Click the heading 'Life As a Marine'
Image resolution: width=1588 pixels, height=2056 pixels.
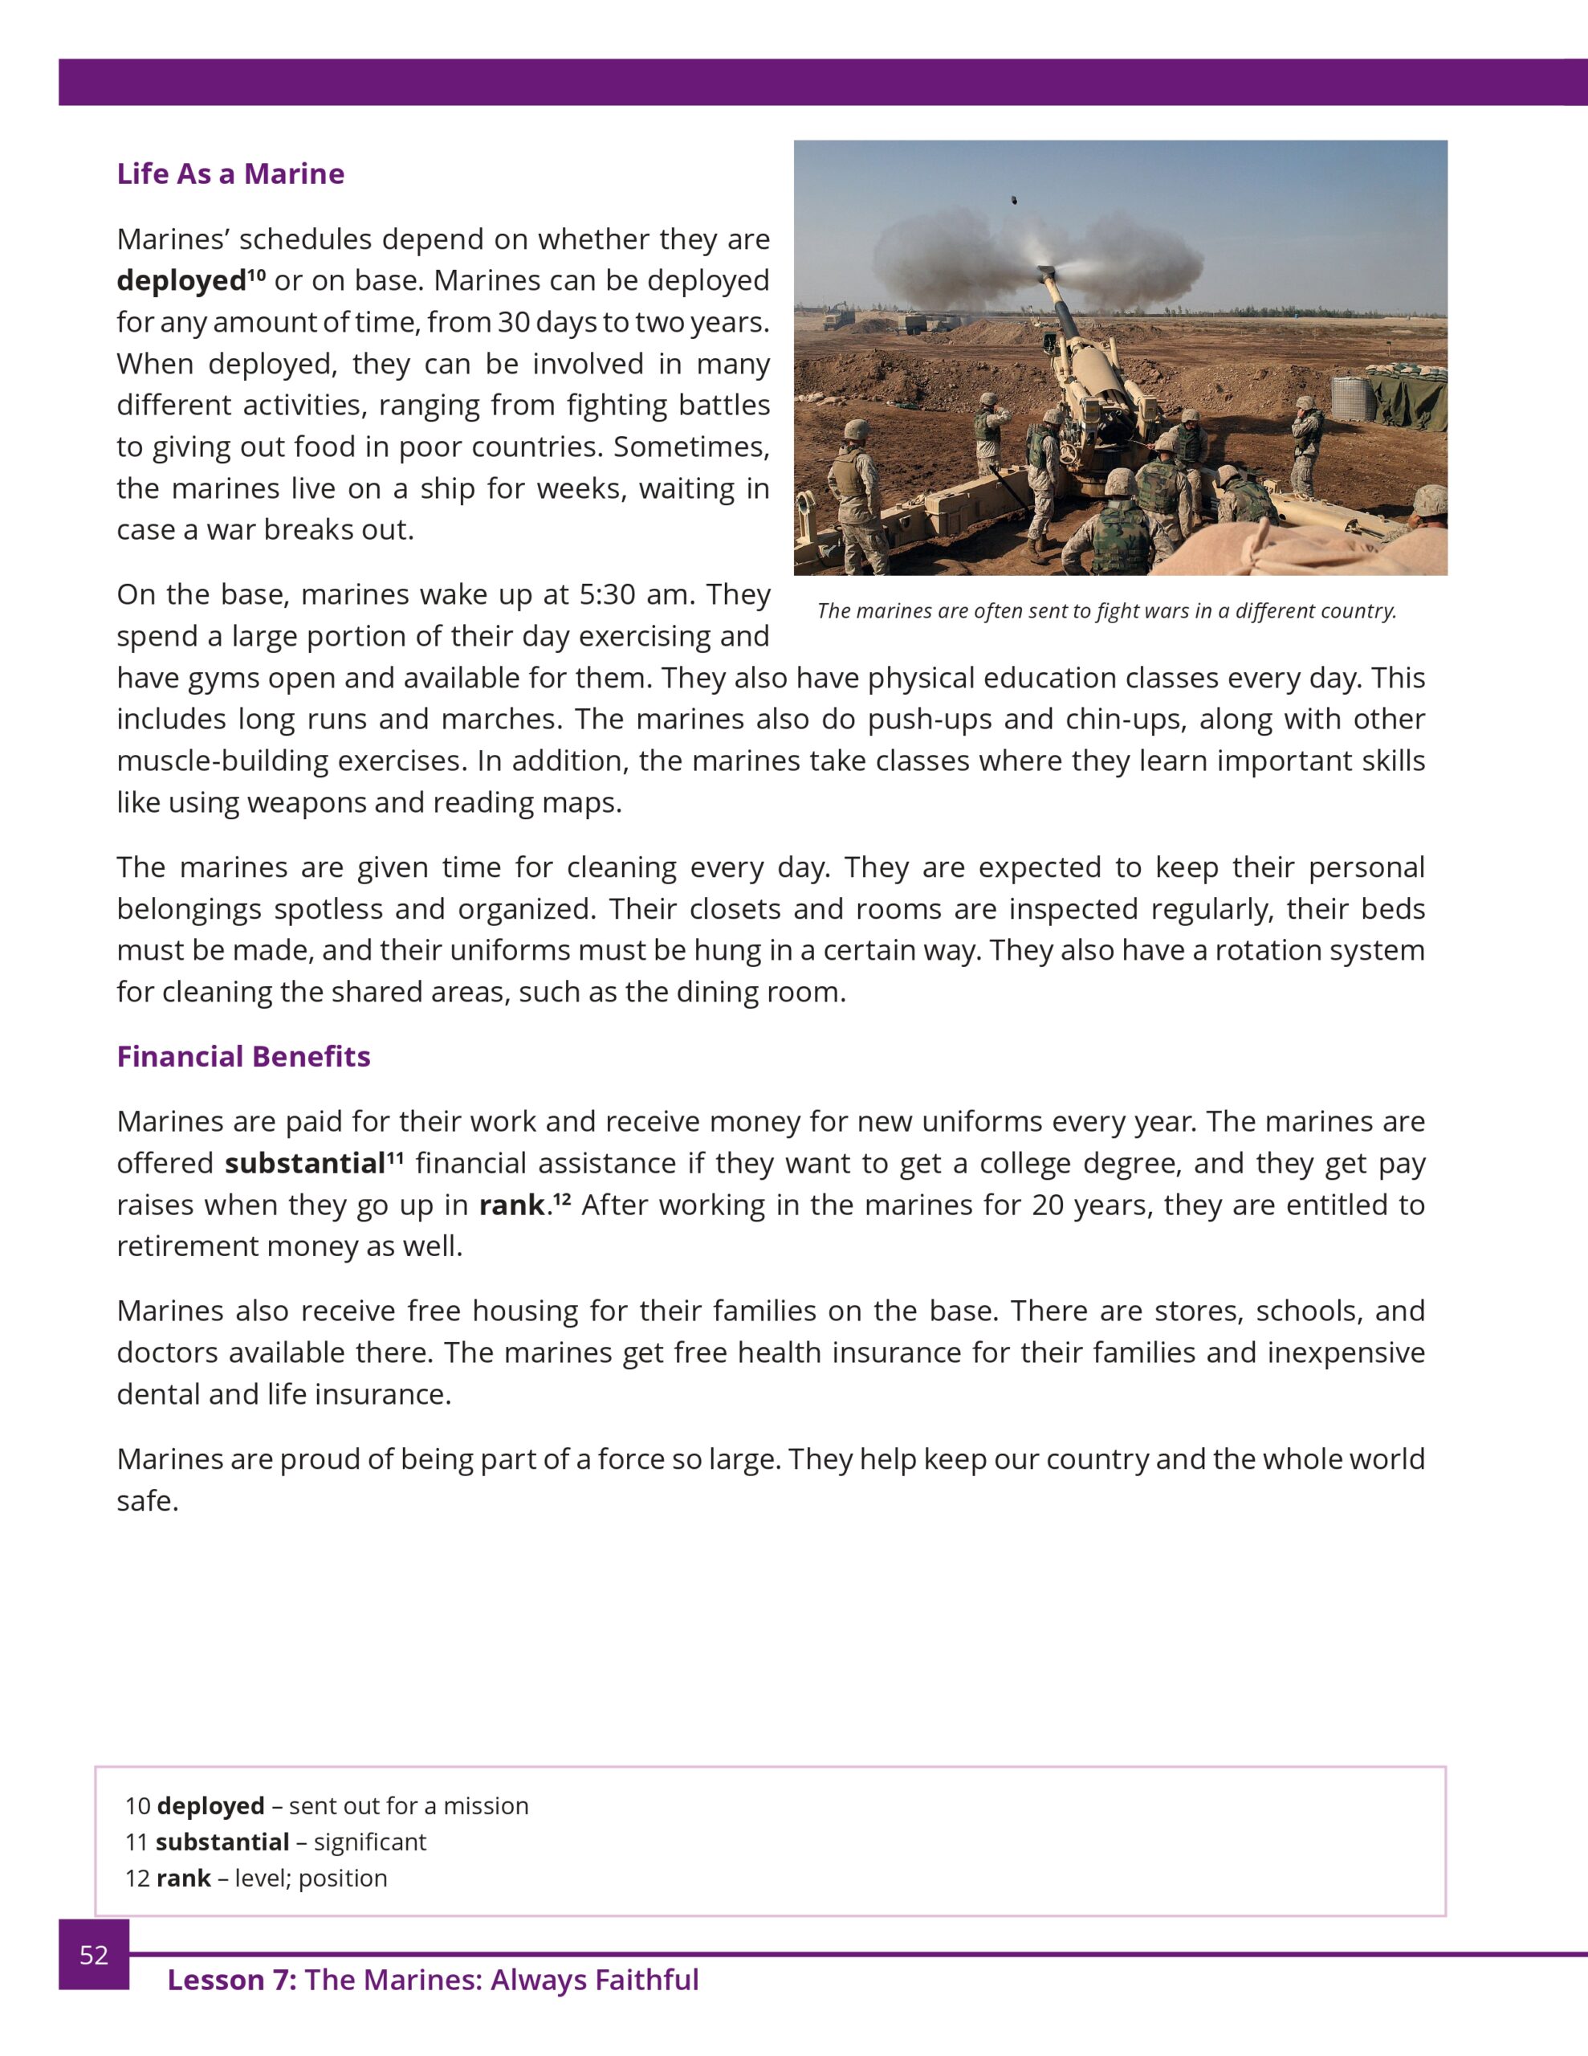230,174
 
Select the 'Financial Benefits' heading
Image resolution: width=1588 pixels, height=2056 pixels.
243,1056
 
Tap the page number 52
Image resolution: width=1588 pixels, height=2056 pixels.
93,1956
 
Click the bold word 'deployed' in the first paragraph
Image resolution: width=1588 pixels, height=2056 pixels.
181,281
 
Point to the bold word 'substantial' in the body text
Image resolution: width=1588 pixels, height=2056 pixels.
305,1164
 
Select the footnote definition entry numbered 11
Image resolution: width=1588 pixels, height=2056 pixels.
276,1842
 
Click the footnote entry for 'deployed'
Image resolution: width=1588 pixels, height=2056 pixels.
327,1805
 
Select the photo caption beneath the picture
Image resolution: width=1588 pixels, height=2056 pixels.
1106,611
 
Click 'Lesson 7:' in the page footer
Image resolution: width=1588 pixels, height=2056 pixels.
231,1980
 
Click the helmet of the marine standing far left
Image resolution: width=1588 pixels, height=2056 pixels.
855,430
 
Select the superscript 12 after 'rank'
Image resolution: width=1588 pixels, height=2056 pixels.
562,1198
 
